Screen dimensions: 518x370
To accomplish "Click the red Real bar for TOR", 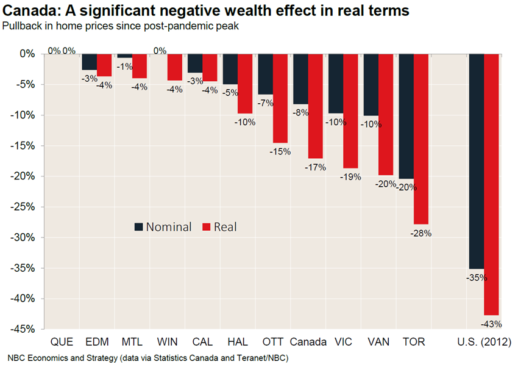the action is click(x=421, y=139).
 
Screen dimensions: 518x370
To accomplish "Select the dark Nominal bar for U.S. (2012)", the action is click(x=477, y=161).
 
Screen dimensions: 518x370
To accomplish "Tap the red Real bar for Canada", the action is click(x=316, y=106).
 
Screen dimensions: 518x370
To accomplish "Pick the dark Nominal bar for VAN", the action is click(x=371, y=85).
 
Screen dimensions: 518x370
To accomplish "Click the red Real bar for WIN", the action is click(x=175, y=67).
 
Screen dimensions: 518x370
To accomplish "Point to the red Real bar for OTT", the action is click(x=280, y=98).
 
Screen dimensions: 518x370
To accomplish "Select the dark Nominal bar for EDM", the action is click(x=90, y=62).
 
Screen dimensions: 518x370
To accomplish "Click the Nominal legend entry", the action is click(x=163, y=227).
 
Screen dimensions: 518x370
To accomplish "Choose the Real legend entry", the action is click(x=219, y=227).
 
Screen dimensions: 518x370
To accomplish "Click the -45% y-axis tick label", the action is click(x=23, y=329).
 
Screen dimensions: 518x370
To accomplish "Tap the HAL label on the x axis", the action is click(x=238, y=342).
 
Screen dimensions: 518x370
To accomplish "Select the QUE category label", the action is click(x=62, y=342).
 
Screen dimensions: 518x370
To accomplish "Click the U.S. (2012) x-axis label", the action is click(x=484, y=342).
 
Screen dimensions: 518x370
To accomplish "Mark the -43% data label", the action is click(x=491, y=324).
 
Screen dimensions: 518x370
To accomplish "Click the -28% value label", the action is click(x=421, y=233).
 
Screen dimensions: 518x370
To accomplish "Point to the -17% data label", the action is click(x=315, y=167).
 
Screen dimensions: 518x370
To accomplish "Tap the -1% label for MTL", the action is click(x=124, y=67).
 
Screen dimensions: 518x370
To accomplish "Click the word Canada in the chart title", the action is click(x=29, y=10).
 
